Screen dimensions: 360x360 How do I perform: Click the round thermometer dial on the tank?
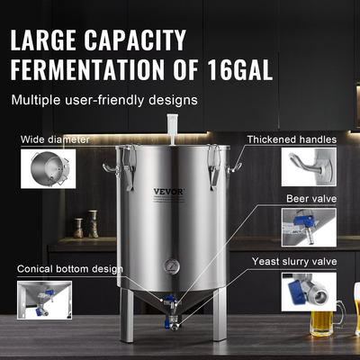[x=170, y=267]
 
